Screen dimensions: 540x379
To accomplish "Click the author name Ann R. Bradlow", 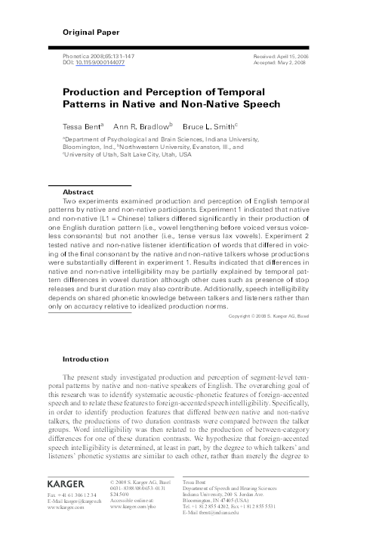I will [140, 122].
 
